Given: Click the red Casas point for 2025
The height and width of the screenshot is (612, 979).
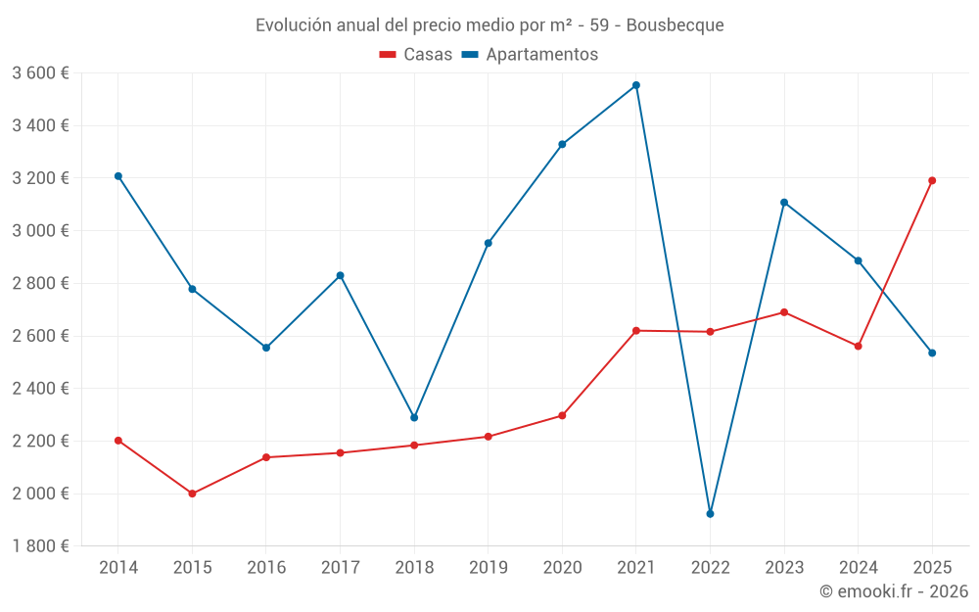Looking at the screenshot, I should (932, 180).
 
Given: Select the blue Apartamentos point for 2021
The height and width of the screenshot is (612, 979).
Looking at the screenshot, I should (636, 85).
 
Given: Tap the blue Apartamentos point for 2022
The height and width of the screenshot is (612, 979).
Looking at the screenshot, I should (710, 513).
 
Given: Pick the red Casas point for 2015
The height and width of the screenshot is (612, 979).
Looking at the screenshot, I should (192, 494).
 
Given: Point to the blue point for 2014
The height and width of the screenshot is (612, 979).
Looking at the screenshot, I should (118, 176).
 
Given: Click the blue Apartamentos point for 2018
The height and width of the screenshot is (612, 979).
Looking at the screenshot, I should (414, 417).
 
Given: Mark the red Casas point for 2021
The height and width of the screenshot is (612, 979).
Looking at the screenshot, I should (636, 331).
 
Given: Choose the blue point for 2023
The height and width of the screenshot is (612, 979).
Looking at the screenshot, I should (784, 203).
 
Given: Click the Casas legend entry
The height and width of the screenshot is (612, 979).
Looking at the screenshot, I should (416, 55).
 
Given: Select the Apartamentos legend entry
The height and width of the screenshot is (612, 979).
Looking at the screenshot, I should (530, 55).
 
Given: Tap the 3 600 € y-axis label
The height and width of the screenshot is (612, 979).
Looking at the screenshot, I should (40, 73).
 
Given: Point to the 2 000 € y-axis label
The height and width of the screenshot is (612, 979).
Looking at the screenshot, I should (40, 494).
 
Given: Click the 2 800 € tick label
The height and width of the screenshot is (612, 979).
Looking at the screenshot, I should (40, 283).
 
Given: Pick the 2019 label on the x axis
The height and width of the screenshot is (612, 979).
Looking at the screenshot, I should (488, 567).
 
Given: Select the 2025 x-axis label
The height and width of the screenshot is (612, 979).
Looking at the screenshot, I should (932, 567).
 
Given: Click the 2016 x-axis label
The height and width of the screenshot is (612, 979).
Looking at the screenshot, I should (266, 567).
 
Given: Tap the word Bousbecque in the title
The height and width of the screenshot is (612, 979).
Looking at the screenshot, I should (675, 25).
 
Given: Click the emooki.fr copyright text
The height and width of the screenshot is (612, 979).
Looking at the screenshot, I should (894, 591).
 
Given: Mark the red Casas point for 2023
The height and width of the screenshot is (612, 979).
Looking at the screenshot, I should (784, 312).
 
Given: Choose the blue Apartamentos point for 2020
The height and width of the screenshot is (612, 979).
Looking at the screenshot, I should (562, 144).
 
